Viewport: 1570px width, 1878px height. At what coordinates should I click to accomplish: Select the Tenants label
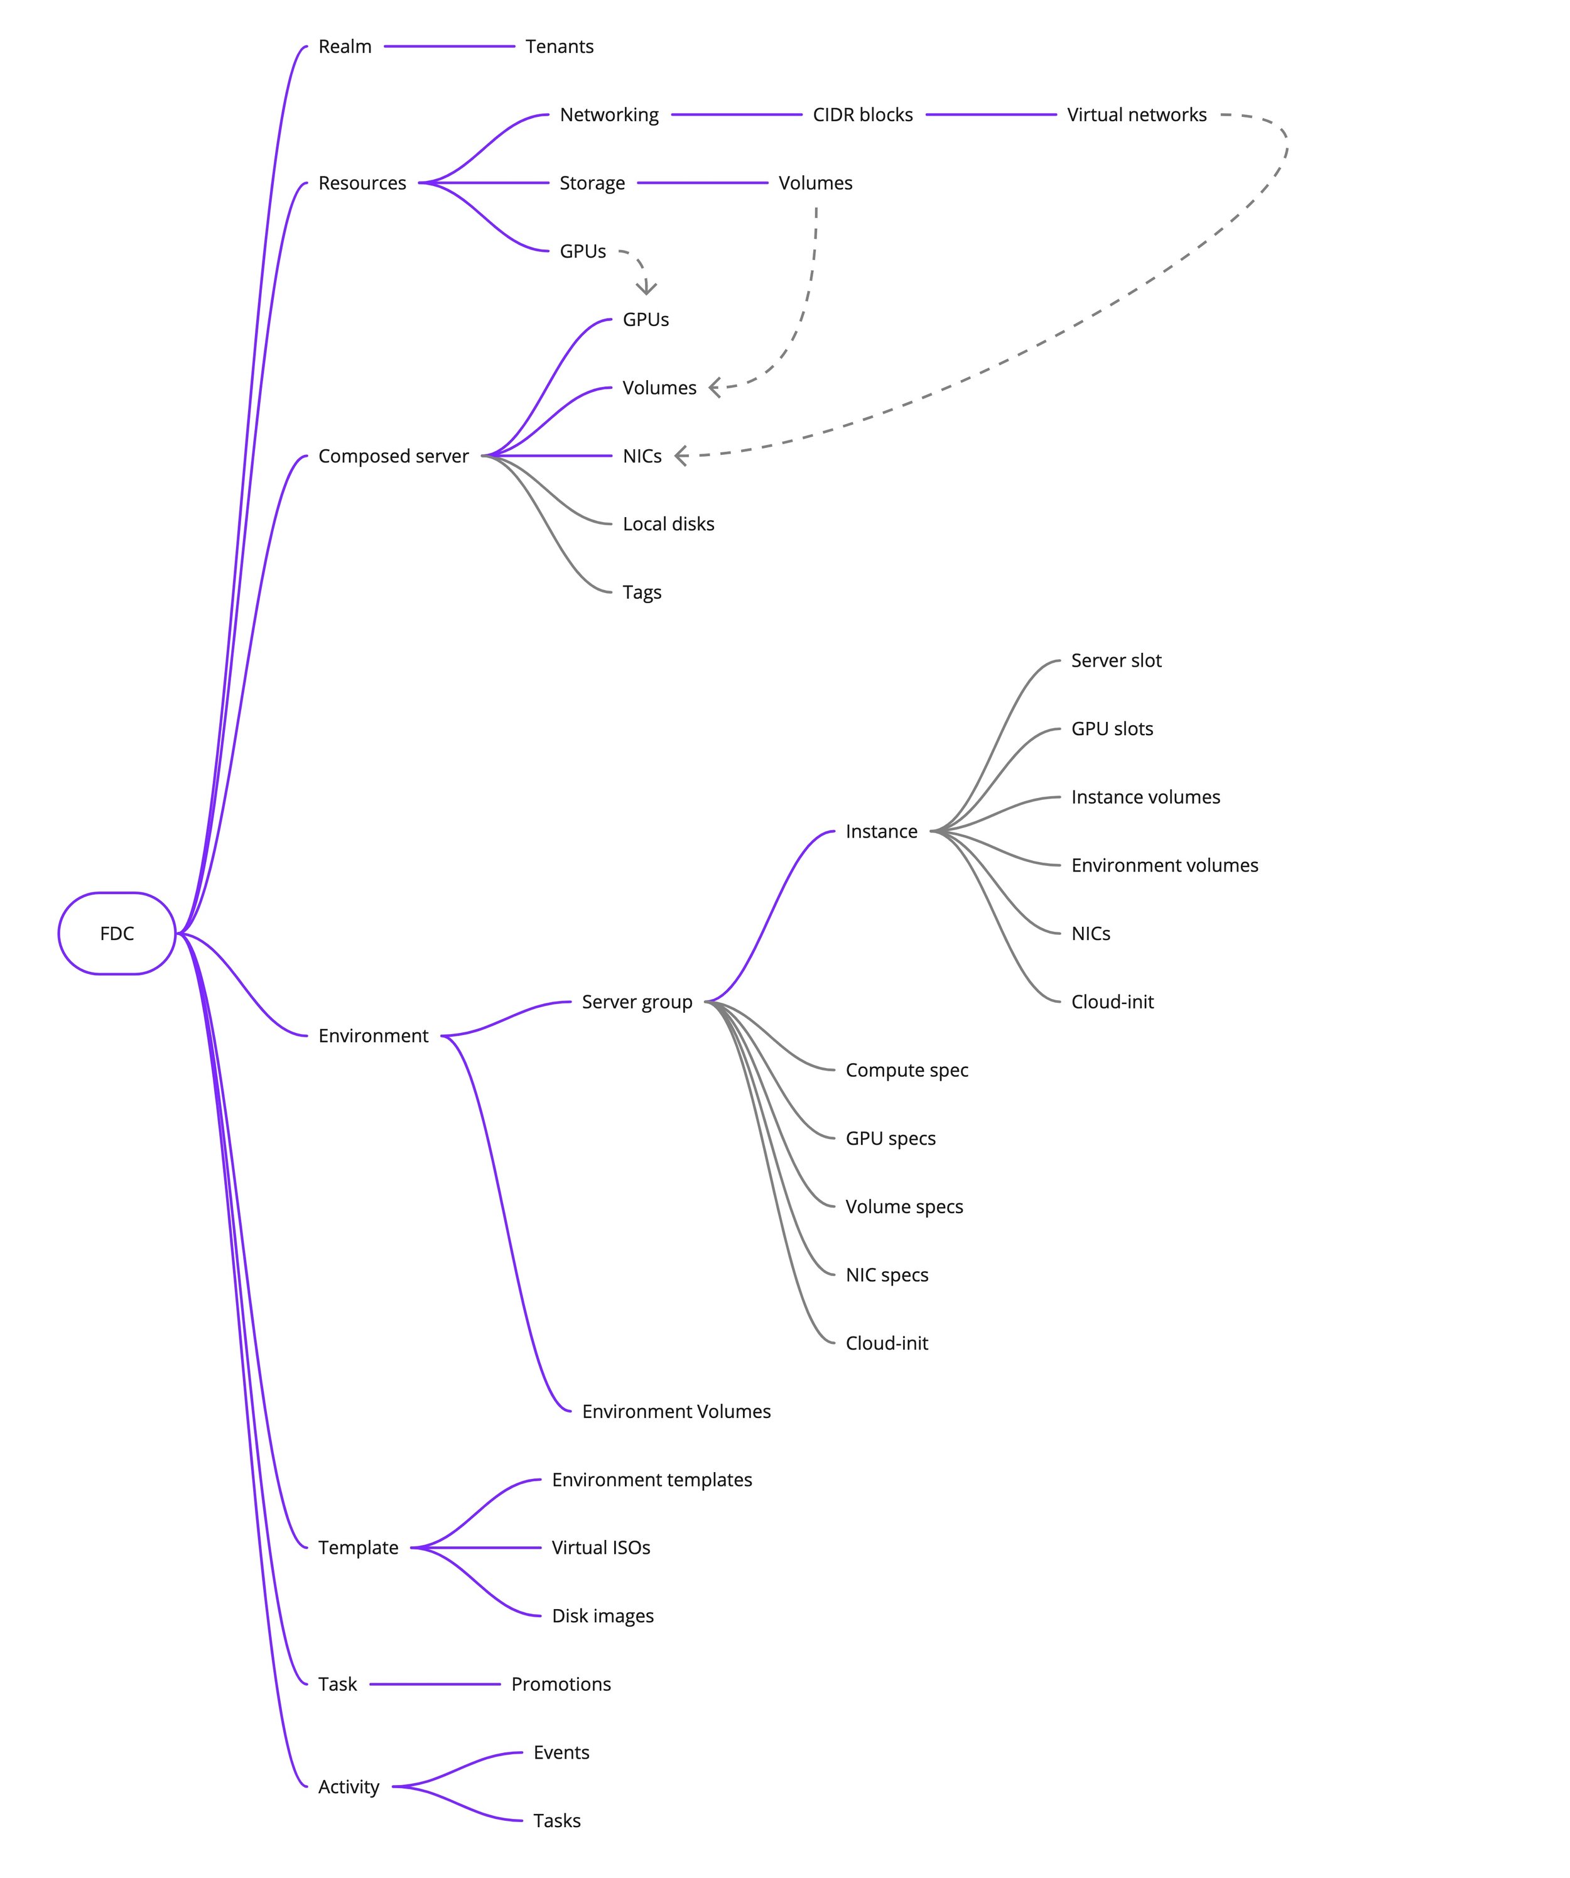[559, 46]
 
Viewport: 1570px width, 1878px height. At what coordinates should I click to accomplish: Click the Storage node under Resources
[592, 183]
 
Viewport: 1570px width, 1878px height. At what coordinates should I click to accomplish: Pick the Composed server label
[392, 456]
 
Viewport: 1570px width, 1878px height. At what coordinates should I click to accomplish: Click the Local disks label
[668, 524]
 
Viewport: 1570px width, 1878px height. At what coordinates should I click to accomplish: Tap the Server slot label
[1116, 661]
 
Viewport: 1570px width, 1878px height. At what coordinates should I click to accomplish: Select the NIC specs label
[886, 1275]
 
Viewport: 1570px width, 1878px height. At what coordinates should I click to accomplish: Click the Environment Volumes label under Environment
[676, 1411]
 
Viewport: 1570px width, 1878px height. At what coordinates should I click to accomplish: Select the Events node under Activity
[561, 1753]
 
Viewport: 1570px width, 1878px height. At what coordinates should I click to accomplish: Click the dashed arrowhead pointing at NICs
[681, 456]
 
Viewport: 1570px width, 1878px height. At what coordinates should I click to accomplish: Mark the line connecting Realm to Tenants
[449, 46]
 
